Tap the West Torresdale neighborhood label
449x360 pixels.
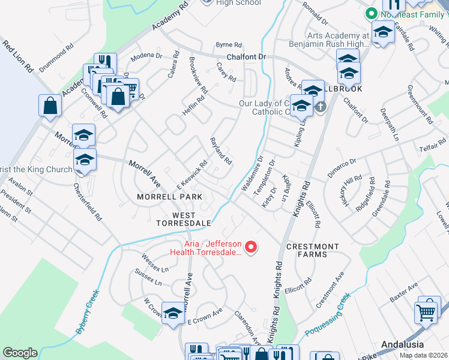(x=184, y=218)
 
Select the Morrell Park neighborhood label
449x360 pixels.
(x=169, y=196)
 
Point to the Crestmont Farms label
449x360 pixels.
(x=312, y=250)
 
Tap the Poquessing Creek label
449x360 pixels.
(x=327, y=316)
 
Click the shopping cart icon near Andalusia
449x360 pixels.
(x=426, y=312)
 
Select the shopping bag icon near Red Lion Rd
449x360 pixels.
(x=50, y=106)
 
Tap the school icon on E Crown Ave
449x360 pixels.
(x=173, y=313)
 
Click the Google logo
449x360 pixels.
(x=20, y=353)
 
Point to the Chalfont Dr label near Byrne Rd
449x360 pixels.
(x=246, y=57)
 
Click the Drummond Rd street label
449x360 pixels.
(x=56, y=57)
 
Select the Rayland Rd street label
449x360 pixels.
(x=220, y=151)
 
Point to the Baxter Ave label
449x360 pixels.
(x=403, y=293)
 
